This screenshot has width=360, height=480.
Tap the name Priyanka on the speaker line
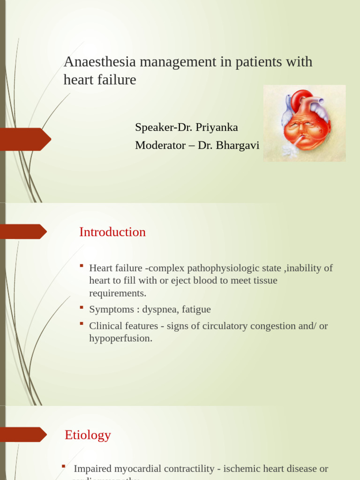(217, 127)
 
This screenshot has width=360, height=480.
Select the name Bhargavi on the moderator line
(237, 145)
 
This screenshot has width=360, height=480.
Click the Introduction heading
(112, 232)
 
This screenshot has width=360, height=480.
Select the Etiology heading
(88, 435)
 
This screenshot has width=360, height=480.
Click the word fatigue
(195, 309)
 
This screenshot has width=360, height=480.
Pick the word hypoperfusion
(120, 338)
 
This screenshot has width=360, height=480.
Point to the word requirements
(118, 293)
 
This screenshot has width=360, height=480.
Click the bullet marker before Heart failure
(82, 266)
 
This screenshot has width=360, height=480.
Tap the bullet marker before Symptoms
(82, 307)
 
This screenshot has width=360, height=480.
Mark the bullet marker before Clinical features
(82, 324)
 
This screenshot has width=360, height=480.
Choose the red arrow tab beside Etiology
(23, 435)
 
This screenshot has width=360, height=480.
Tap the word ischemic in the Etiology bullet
(243, 468)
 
